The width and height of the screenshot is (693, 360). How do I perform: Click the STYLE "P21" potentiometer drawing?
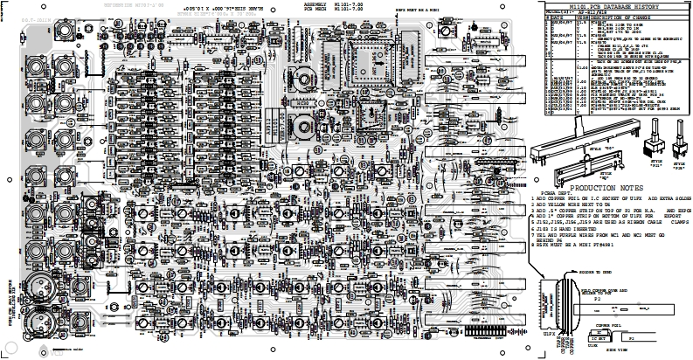[651, 148]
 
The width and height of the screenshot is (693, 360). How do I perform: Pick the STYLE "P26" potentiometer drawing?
[677, 146]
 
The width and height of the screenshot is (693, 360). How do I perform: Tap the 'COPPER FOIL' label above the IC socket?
[606, 323]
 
